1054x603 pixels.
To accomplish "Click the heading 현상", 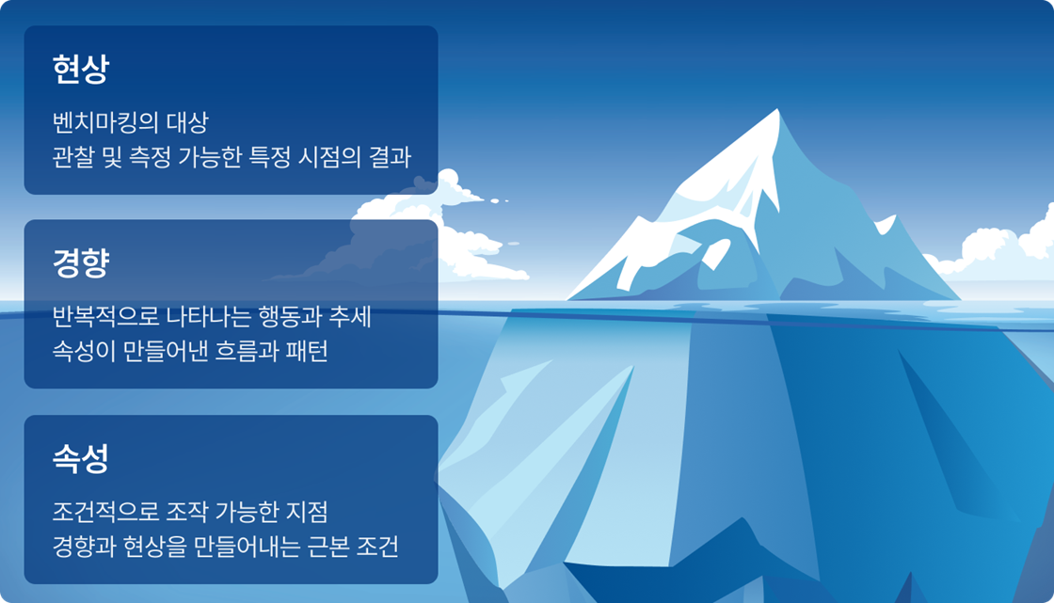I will point(81,69).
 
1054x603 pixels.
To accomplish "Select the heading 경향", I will point(81,263).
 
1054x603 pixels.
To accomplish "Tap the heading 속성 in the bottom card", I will point(81,458).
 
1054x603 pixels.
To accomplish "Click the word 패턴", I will point(303,351).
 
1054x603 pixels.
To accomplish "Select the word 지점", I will point(306,514).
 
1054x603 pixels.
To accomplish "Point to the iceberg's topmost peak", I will point(777,111).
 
